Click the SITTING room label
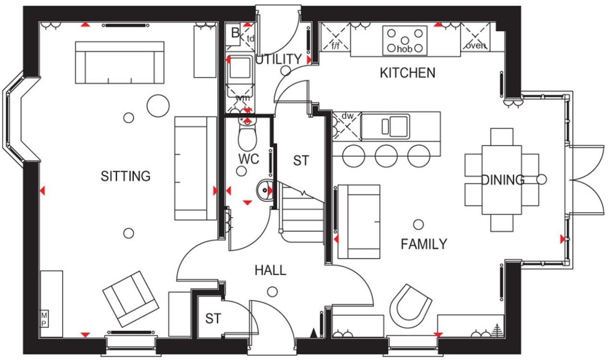tap(126, 176)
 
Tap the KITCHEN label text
tap(408, 73)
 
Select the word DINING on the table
tap(503, 180)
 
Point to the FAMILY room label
tap(424, 244)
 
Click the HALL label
tap(270, 270)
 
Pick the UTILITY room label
tap(279, 59)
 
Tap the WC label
tap(249, 159)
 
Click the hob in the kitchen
tap(405, 41)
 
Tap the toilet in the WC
tap(247, 135)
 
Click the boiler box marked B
tap(235, 33)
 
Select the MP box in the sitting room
tap(45, 319)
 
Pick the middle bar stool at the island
tap(387, 155)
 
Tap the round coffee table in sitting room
tap(158, 106)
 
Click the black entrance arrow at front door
tap(314, 332)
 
